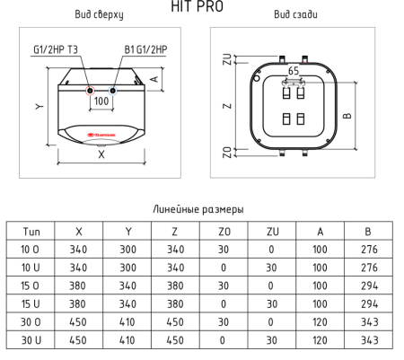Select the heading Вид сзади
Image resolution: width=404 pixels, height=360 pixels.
pyautogui.click(x=293, y=16)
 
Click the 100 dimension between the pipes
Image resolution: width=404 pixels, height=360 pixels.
pyautogui.click(x=101, y=101)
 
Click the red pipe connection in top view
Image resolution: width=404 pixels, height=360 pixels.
pyautogui.click(x=90, y=91)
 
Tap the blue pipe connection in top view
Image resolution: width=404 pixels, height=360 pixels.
pyautogui.click(x=112, y=91)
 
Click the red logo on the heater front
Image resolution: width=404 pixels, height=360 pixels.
pyautogui.click(x=101, y=138)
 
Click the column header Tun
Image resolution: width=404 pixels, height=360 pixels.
pyautogui.click(x=30, y=231)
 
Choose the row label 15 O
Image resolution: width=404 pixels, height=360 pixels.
pyautogui.click(x=30, y=284)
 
